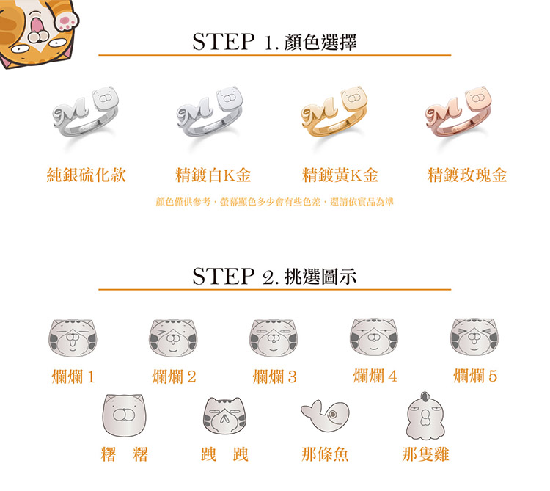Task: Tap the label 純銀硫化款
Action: (x=87, y=175)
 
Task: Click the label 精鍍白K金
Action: (x=213, y=175)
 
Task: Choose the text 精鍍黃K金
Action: (x=340, y=175)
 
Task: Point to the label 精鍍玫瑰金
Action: (x=467, y=175)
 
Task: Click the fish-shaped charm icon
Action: (x=325, y=415)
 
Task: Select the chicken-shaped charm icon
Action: (x=425, y=416)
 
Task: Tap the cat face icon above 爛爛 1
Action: (x=73, y=338)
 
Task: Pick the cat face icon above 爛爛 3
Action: (x=274, y=338)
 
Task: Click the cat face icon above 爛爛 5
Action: (x=474, y=337)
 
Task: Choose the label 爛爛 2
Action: (x=174, y=377)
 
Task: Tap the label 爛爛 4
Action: (x=375, y=377)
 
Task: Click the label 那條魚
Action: (x=325, y=454)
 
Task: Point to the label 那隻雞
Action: (x=425, y=454)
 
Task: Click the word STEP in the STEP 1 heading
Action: (x=224, y=42)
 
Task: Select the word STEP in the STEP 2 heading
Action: (x=224, y=276)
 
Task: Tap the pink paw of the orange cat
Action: (x=67, y=20)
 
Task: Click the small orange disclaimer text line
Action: (x=275, y=202)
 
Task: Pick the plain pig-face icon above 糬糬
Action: (x=124, y=415)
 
